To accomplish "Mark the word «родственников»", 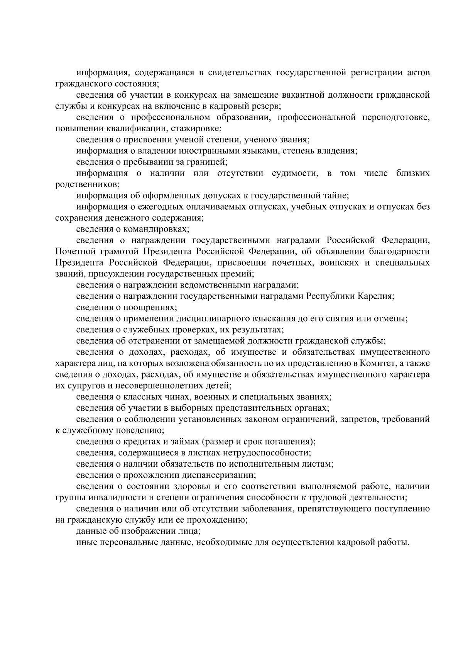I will [x=87, y=184].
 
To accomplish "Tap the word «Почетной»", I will [x=75, y=252].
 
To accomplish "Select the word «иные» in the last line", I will [x=87, y=542].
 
